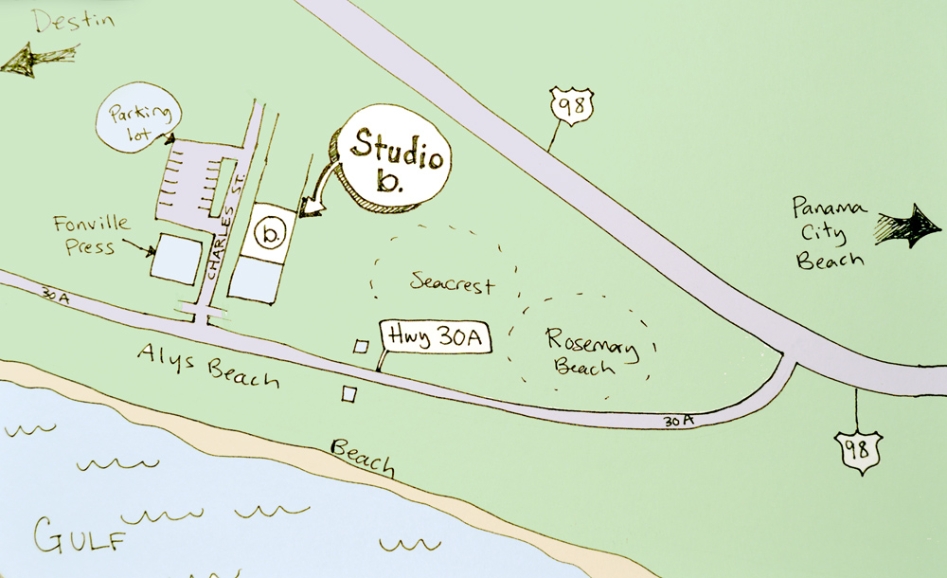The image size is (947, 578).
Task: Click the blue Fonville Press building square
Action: click(x=177, y=257)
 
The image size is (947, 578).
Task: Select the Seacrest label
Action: click(x=453, y=281)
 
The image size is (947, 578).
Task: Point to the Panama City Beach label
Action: click(x=830, y=233)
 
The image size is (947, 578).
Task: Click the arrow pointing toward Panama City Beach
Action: click(x=907, y=226)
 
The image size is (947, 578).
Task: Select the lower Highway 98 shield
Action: click(x=857, y=447)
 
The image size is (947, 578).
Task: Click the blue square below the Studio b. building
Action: click(x=255, y=278)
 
